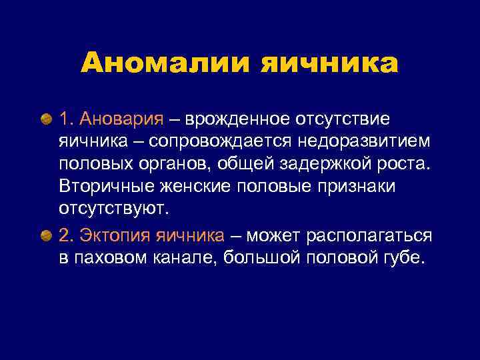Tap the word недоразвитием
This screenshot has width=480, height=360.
[376, 141]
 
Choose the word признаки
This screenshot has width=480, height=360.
[357, 187]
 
